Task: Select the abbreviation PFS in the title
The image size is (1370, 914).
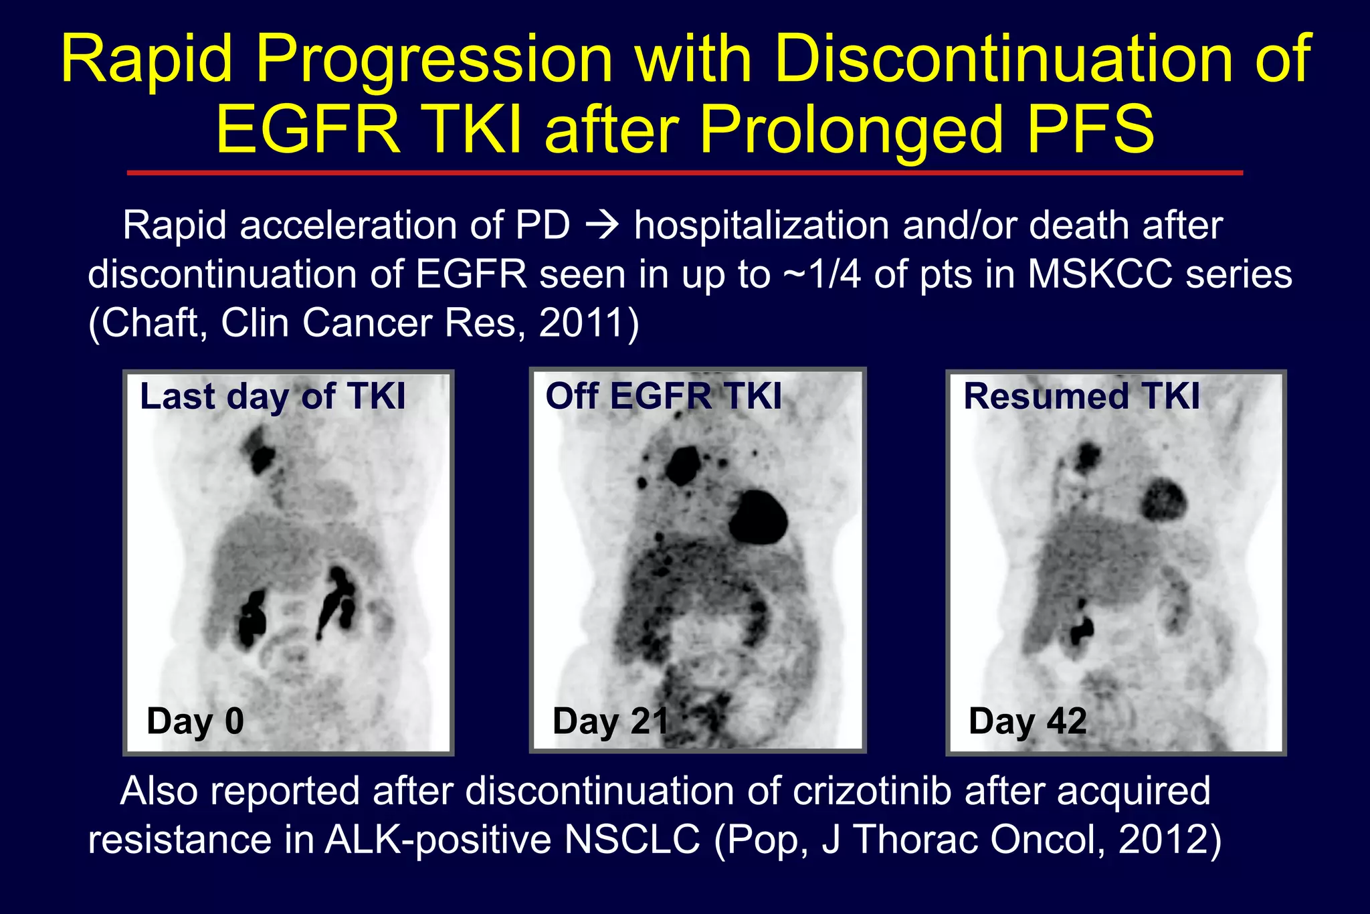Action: [x=1090, y=130]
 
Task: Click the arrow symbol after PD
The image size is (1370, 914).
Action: [x=601, y=226]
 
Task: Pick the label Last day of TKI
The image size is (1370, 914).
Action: [x=272, y=396]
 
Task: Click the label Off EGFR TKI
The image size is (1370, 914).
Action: [x=663, y=396]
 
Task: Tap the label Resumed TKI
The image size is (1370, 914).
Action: [x=1081, y=396]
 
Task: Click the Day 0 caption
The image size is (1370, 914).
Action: [x=195, y=721]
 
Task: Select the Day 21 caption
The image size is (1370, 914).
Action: [x=610, y=721]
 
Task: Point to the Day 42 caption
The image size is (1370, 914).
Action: [x=1027, y=721]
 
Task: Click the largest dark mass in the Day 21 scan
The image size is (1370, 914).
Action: [x=757, y=517]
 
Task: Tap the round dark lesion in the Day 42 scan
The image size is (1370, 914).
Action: [x=1164, y=498]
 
